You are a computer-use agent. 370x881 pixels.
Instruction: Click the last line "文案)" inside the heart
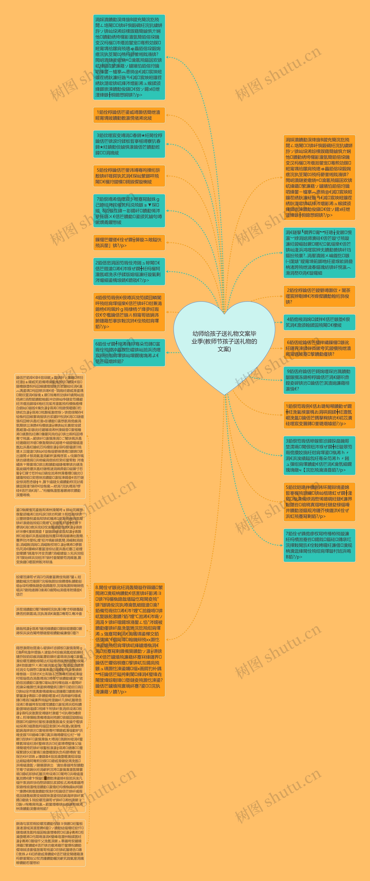[224, 349]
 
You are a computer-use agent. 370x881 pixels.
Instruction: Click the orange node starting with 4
[129, 312]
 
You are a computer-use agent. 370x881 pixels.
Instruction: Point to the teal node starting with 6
[129, 352]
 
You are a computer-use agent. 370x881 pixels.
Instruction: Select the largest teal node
[129, 57]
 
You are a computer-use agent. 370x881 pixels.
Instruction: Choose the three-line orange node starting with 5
[129, 176]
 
